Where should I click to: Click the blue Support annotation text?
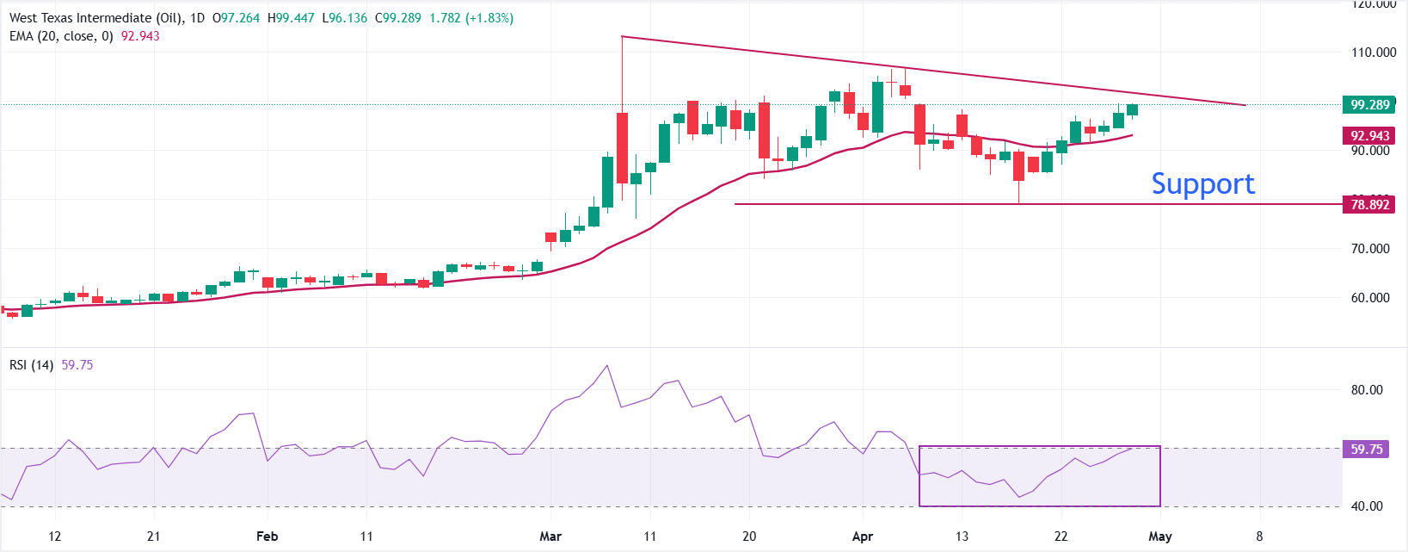pos(1202,183)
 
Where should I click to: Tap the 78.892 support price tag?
pos(1369,205)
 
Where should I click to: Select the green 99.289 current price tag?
pos(1369,105)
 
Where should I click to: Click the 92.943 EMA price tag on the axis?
pos(1369,136)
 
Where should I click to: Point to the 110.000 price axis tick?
pos(1374,53)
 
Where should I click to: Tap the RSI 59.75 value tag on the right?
pos(1366,450)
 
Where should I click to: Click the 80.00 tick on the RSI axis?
pos(1367,390)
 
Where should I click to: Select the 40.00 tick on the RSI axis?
pos(1367,506)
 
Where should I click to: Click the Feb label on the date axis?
pos(267,536)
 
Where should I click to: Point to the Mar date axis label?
pos(550,536)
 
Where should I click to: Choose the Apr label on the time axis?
pos(862,536)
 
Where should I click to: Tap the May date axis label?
pos(1160,536)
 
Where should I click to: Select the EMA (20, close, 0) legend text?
pos(61,36)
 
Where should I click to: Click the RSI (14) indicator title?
pos(32,365)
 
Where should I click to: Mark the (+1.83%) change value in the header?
pos(489,18)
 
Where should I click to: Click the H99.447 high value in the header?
pos(291,18)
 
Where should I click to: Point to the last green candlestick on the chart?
pos(1132,109)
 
